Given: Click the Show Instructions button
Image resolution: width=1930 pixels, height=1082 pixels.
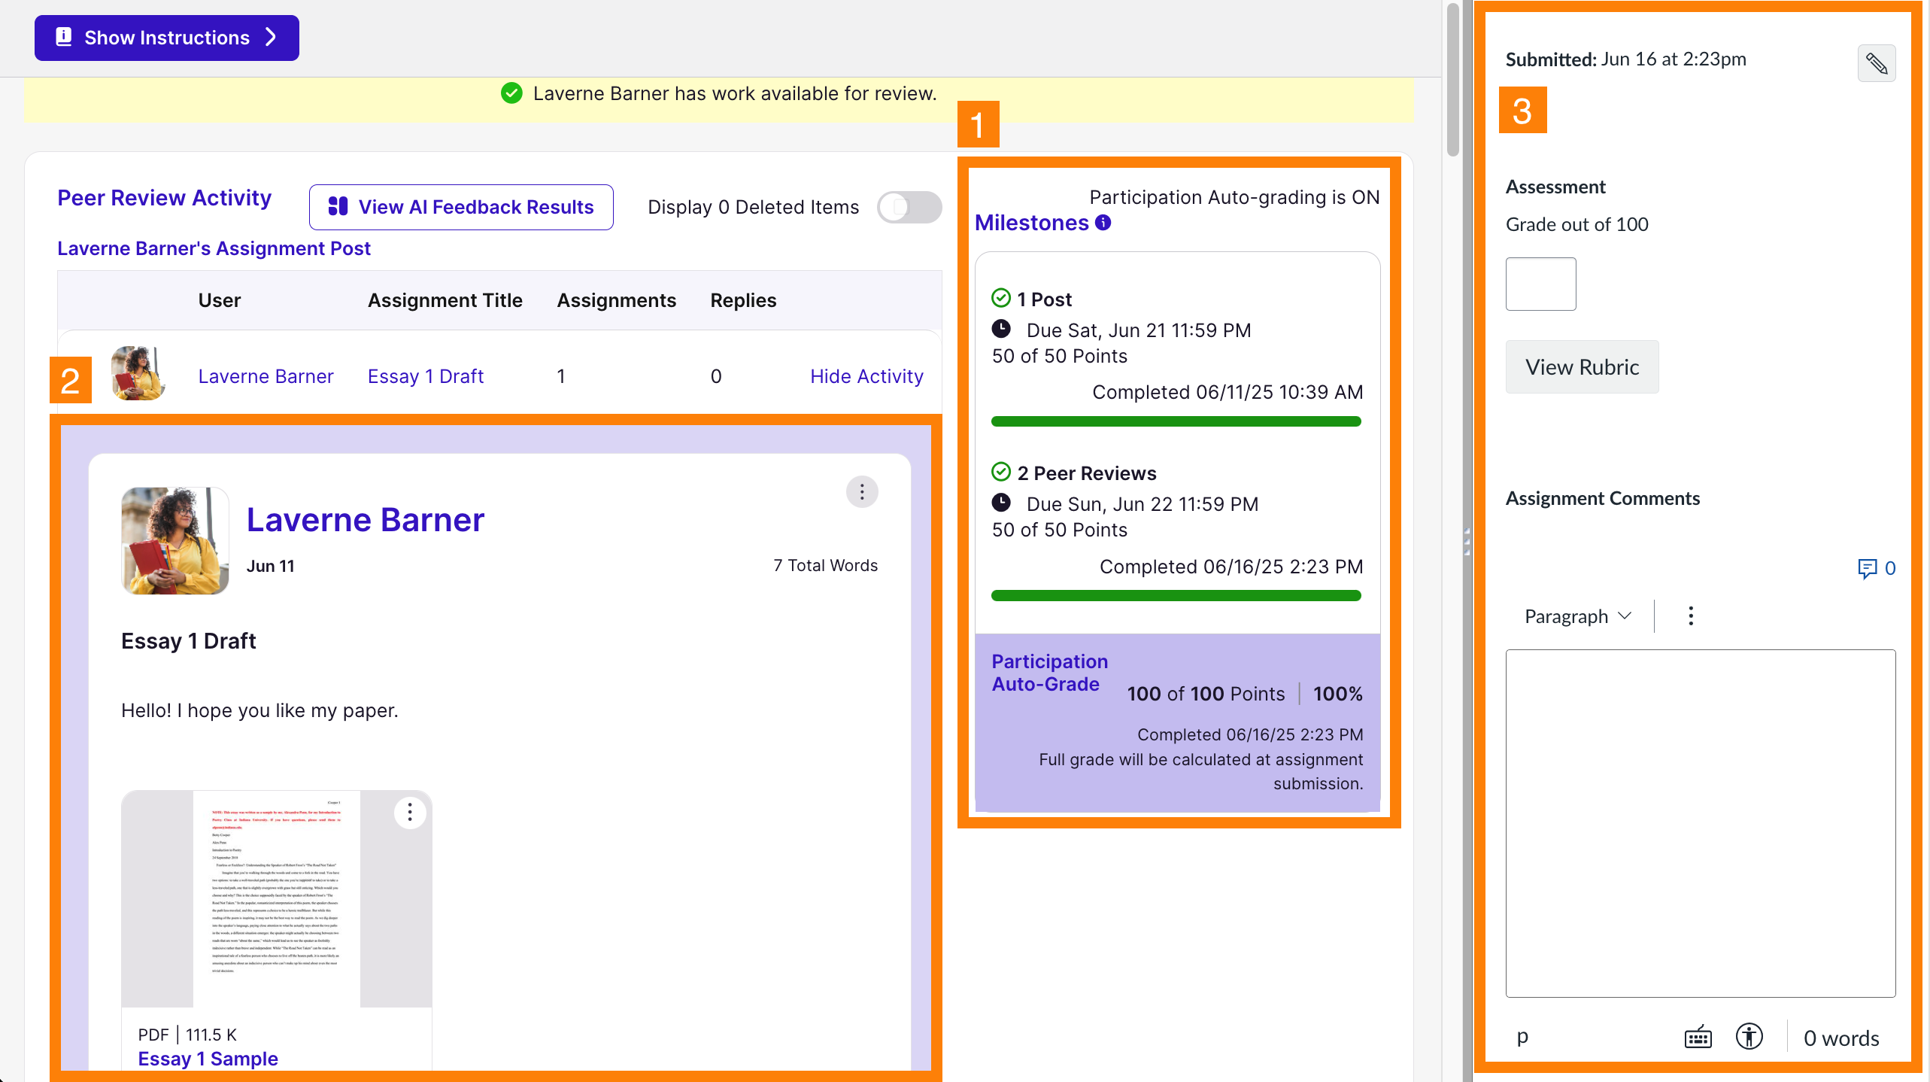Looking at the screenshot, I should (166, 38).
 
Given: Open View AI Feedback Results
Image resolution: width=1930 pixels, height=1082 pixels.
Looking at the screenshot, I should (461, 207).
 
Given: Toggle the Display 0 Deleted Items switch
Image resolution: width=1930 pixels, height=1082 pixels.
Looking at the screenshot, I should (909, 207).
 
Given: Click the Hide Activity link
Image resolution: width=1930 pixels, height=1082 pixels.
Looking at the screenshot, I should (866, 376).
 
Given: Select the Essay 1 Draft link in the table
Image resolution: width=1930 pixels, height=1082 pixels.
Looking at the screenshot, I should (425, 376).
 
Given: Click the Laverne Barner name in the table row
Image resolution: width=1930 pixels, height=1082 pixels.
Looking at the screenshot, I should (266, 376).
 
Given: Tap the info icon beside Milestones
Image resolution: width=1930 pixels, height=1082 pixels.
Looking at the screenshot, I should (1103, 223).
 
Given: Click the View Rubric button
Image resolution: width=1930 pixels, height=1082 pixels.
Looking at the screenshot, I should (1582, 367).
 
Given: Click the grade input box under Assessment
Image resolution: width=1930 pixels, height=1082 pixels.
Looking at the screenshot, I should (1540, 284).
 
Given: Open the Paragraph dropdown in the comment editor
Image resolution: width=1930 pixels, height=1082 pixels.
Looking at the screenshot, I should (1578, 616).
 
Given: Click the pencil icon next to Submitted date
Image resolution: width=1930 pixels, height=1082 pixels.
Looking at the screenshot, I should (1876, 63).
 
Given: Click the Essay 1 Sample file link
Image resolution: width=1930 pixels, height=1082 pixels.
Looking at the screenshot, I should (208, 1059).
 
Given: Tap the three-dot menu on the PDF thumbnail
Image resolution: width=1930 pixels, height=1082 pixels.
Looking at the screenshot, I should (410, 812).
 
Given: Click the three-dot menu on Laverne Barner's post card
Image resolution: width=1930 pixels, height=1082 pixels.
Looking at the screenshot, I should (862, 492).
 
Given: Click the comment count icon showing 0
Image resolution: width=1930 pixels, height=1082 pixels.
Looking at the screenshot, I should (1876, 568).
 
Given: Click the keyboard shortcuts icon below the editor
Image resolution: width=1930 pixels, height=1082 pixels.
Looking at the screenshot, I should (1698, 1038).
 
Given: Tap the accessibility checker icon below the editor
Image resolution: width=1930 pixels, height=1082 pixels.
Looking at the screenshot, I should (1749, 1037).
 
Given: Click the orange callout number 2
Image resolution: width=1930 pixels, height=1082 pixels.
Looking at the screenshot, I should (71, 380).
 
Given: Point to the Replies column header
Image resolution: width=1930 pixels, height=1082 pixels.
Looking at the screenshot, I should (743, 300).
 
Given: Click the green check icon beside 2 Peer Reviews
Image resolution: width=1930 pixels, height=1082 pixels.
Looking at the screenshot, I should (1001, 473).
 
